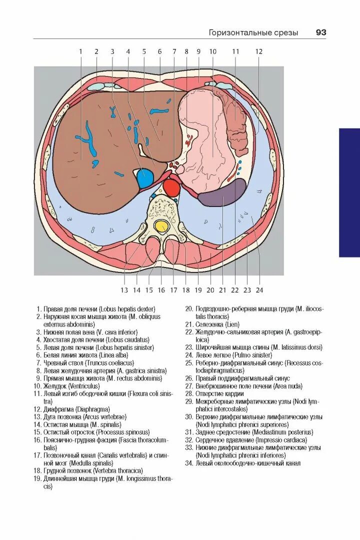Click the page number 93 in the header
320,32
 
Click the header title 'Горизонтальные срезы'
253,32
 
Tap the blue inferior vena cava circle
145,178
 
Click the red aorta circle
171,188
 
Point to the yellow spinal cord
161,226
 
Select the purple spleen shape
222,194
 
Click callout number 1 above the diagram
80,51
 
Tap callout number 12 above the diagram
258,51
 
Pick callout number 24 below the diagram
259,290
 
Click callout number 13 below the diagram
124,290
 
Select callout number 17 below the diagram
173,290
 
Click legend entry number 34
188,463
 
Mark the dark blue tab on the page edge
349,192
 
